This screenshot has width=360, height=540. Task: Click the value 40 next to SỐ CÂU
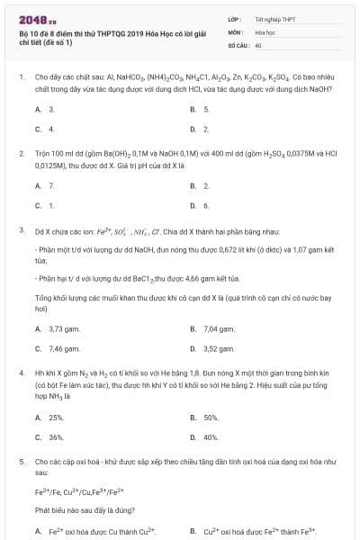[x=258, y=44]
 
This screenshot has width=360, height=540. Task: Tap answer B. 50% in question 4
[x=205, y=417]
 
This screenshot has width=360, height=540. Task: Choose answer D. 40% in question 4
[x=205, y=436]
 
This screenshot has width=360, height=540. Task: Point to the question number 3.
[x=21, y=229]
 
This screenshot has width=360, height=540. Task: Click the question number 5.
[x=21, y=460]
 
